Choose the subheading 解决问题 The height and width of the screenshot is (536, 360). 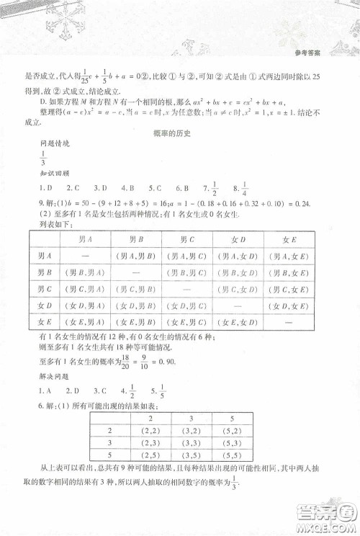point(50,376)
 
